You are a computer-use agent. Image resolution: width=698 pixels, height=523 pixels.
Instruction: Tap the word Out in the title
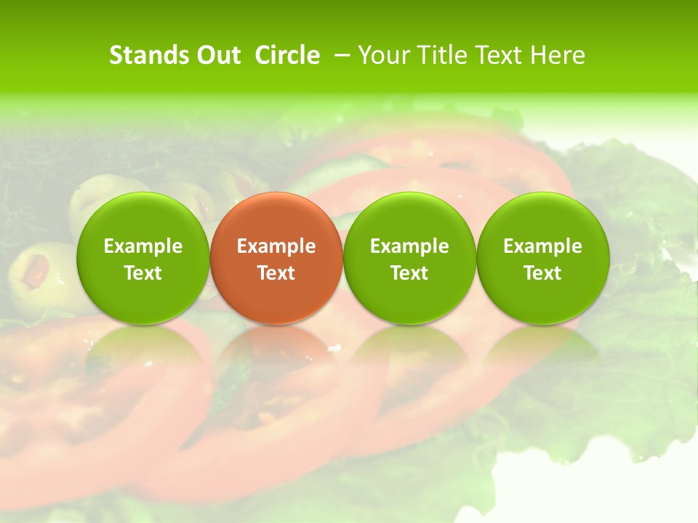(x=217, y=55)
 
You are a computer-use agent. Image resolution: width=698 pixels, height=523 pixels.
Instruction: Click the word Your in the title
(x=382, y=55)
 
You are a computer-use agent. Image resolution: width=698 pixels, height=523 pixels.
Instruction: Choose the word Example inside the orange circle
(x=276, y=246)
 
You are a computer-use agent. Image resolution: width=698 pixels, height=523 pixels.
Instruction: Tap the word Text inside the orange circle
(x=276, y=273)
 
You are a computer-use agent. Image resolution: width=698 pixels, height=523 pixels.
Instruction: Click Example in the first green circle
(x=143, y=246)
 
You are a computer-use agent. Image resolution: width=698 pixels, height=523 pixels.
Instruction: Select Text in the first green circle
(x=143, y=273)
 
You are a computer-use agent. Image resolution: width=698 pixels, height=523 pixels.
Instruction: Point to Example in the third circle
(x=409, y=246)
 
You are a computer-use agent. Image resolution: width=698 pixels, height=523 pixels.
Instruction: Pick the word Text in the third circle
(x=409, y=273)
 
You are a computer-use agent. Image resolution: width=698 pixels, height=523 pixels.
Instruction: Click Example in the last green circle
(x=542, y=246)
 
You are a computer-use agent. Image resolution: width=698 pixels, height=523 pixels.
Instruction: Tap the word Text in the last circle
(x=542, y=273)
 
